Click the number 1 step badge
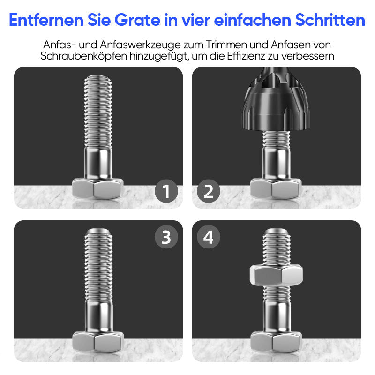pos(166,191)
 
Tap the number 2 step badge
pos(209,191)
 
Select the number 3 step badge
pos(166,237)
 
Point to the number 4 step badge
pos(209,237)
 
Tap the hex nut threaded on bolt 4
pos(276,274)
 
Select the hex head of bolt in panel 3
pos(97,341)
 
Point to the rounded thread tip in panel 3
pos(98,233)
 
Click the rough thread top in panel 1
pos(98,80)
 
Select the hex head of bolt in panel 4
pos(276,341)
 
